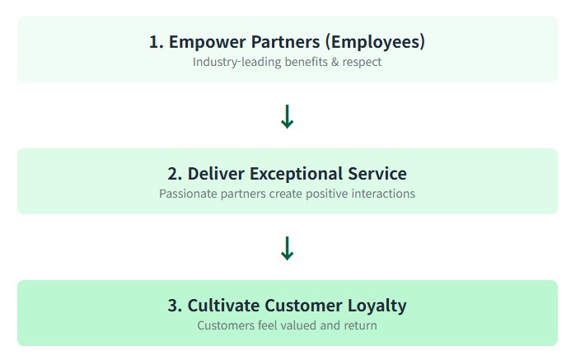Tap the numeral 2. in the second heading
(175, 174)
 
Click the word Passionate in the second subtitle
(189, 194)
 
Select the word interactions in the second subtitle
(384, 194)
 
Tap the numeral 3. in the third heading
(175, 306)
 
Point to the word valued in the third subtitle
(300, 325)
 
